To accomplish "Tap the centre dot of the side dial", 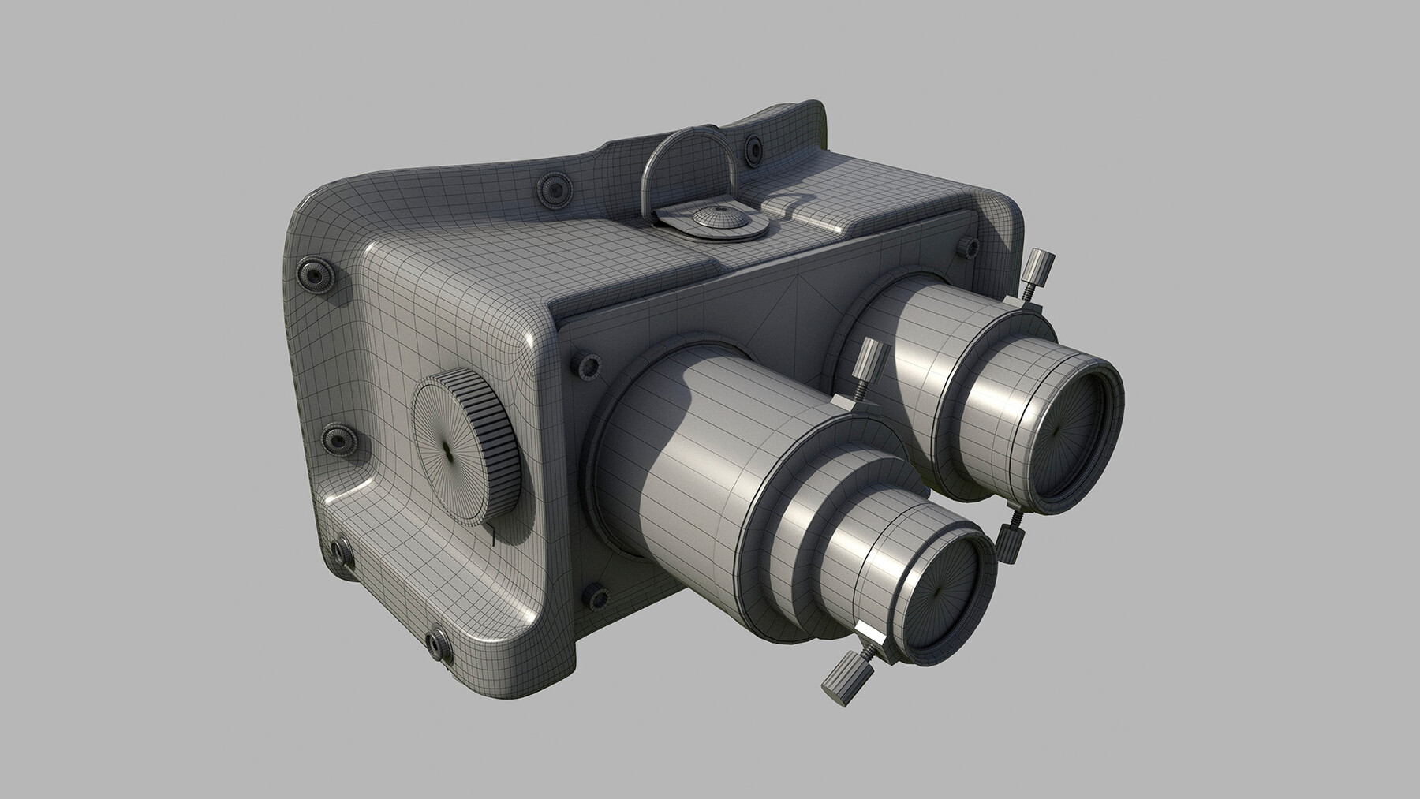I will point(447,450).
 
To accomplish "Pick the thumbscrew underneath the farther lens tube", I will point(1007,541).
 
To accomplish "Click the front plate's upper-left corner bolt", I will point(587,365).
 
